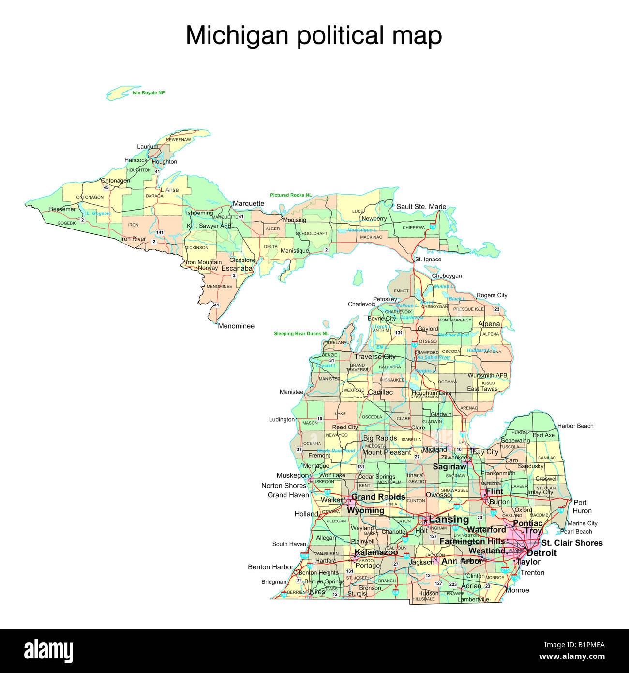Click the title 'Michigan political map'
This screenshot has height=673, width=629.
pos(314,36)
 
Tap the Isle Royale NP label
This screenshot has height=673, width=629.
pos(149,92)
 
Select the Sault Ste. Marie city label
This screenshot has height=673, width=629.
pos(421,207)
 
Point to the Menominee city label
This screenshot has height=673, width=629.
pos(236,326)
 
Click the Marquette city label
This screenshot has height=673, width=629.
pos(248,203)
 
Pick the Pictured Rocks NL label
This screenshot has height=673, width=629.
pos(291,195)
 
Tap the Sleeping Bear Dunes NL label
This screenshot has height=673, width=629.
pos(301,334)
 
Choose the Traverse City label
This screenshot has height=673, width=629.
pos(375,357)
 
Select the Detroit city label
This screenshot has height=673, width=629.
pos(541,553)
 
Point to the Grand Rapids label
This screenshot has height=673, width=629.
pos(378,497)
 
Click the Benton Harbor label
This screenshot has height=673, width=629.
pos(270,567)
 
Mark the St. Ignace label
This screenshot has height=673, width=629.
pos(428,260)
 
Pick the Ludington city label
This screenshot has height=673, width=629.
pos(282,419)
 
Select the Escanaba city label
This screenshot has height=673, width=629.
pos(237,268)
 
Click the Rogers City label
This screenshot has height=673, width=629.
pos(492,295)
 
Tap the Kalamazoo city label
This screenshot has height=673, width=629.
pos(376,552)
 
